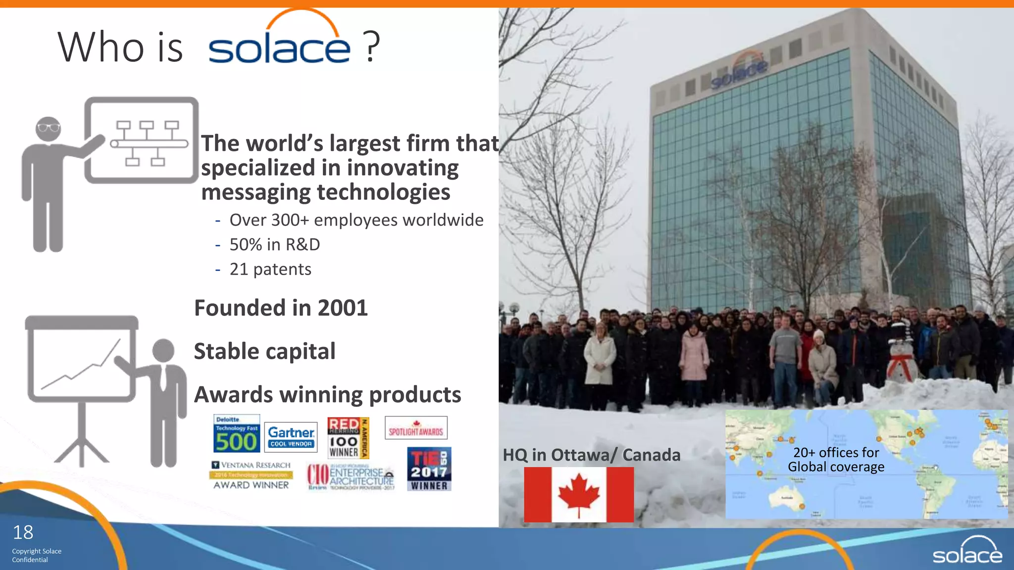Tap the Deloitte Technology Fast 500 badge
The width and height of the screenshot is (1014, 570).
click(237, 434)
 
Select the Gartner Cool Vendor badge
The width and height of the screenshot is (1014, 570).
click(291, 436)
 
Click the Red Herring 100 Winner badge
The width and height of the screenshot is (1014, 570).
click(348, 438)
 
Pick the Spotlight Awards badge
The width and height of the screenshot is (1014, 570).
click(416, 428)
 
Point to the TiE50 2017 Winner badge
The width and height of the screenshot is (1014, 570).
click(429, 469)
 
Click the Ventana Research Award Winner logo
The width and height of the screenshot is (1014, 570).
click(251, 475)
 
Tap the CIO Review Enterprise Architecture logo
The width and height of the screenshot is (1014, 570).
click(351, 476)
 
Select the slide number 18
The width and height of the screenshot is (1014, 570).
click(23, 532)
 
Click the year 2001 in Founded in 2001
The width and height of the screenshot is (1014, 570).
click(343, 308)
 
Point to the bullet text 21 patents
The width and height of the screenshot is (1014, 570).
click(270, 269)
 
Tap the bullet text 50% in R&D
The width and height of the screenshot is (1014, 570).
click(275, 244)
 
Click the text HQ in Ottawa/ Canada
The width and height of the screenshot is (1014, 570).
click(591, 455)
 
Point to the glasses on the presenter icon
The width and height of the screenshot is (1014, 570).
click(49, 128)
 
